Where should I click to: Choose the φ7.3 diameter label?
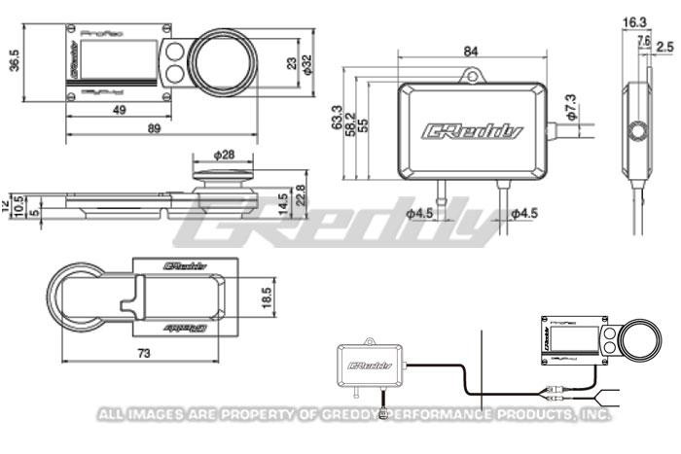coord(571,102)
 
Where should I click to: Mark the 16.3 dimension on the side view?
coord(634,20)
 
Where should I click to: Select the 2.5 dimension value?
coord(664,45)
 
